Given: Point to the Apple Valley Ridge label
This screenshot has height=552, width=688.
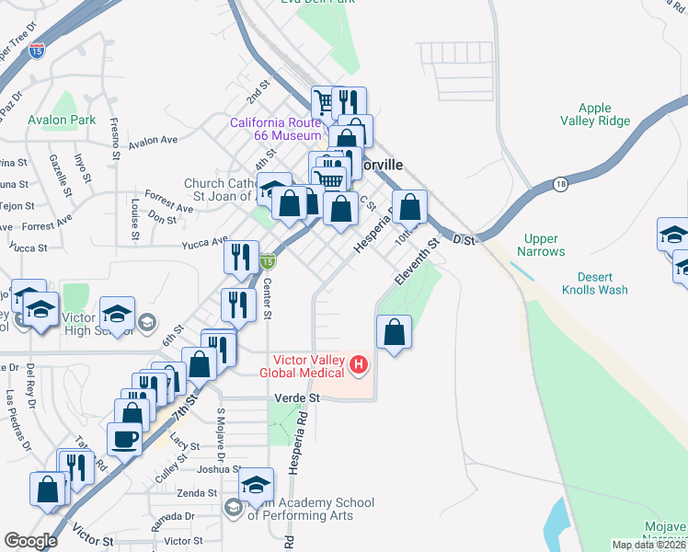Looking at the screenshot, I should point(595,114).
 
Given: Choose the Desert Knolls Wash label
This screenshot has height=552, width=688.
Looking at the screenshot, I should point(595,283).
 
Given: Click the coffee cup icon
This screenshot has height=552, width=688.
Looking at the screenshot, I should point(125,439).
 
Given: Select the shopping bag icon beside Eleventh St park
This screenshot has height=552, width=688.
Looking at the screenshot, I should point(394,332).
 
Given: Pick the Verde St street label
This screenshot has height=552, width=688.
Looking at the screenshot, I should point(297,398).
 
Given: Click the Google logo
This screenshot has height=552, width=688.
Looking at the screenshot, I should point(30,541).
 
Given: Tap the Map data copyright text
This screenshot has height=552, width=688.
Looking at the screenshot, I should point(649,545).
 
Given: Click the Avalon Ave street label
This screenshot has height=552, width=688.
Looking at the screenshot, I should point(153,142).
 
